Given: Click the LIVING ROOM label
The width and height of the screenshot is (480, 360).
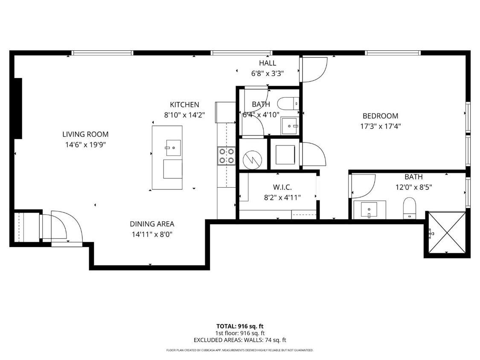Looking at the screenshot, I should [85, 134].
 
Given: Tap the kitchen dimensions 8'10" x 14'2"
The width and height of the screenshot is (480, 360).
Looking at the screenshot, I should [184, 115].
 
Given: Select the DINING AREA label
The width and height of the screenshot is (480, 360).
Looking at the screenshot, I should [152, 224].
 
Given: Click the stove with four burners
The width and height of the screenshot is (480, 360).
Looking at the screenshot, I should [227, 156].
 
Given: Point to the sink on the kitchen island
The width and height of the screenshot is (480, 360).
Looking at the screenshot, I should [173, 148].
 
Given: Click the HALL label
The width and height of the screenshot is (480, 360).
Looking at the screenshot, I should [268, 63].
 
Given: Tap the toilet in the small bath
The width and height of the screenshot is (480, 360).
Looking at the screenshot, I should [288, 103].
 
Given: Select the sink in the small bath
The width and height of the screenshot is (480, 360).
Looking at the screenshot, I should [290, 125].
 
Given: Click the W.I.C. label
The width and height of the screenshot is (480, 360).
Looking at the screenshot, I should [282, 187].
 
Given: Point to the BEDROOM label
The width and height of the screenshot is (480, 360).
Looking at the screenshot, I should [380, 116].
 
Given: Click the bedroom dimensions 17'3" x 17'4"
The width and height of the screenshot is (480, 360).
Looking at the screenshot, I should [380, 126].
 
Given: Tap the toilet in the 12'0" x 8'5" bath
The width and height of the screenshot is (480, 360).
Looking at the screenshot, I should [410, 207].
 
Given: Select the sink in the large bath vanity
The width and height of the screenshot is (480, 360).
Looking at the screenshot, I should [369, 209].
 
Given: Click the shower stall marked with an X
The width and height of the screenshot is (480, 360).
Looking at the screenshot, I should [446, 233].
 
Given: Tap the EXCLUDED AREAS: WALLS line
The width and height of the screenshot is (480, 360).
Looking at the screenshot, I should [239, 340].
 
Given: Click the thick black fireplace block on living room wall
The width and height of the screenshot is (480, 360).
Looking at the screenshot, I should [18, 108].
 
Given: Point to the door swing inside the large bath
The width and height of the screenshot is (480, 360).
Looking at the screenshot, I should [363, 186].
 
